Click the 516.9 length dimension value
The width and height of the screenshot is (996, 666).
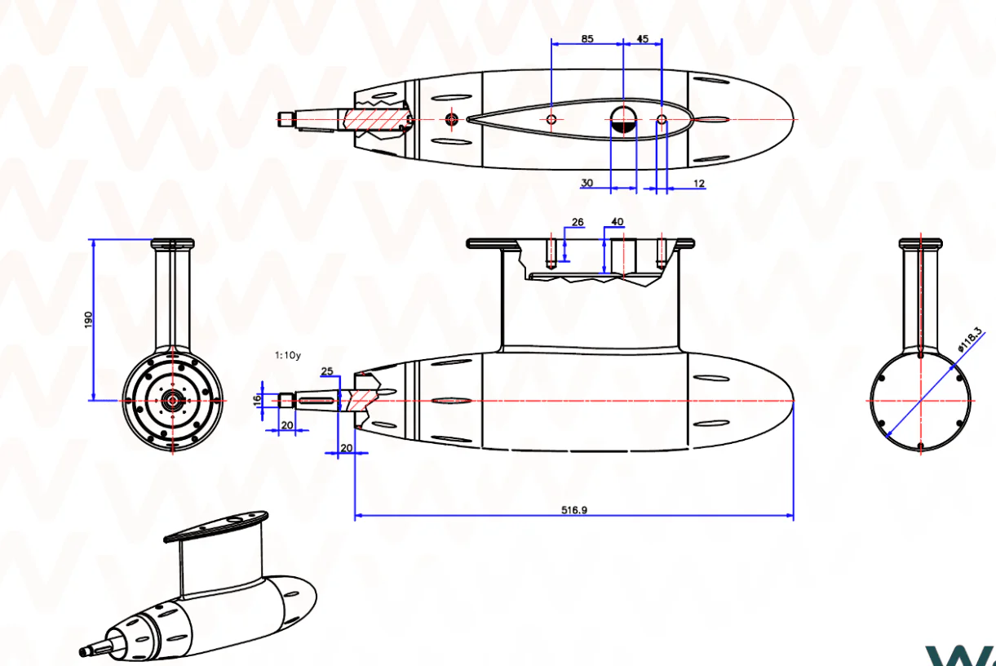574,510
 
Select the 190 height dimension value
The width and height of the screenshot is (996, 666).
88,320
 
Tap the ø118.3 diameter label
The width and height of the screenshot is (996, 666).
969,339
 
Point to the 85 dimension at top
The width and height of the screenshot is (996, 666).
587,38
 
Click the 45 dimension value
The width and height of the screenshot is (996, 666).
643,38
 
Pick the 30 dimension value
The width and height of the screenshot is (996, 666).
587,183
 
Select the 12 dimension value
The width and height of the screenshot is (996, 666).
699,184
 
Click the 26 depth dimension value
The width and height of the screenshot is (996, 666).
578,222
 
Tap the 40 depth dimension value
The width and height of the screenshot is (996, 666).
618,221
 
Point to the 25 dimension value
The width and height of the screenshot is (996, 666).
327,371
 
